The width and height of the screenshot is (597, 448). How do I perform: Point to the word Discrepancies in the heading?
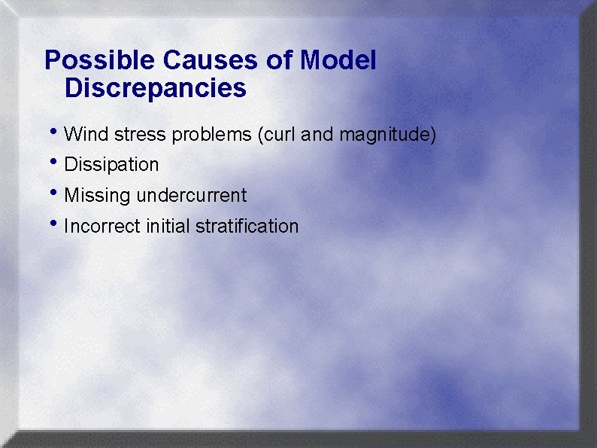[x=156, y=88]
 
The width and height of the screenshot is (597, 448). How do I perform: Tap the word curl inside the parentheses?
[x=275, y=135]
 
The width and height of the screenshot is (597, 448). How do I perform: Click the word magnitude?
[x=386, y=136]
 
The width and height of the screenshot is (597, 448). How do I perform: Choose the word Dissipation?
[x=112, y=165]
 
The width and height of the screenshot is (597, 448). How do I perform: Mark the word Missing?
[x=97, y=196]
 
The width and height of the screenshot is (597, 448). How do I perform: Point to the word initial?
[x=164, y=226]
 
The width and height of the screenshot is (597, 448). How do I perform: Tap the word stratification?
[x=247, y=226]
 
